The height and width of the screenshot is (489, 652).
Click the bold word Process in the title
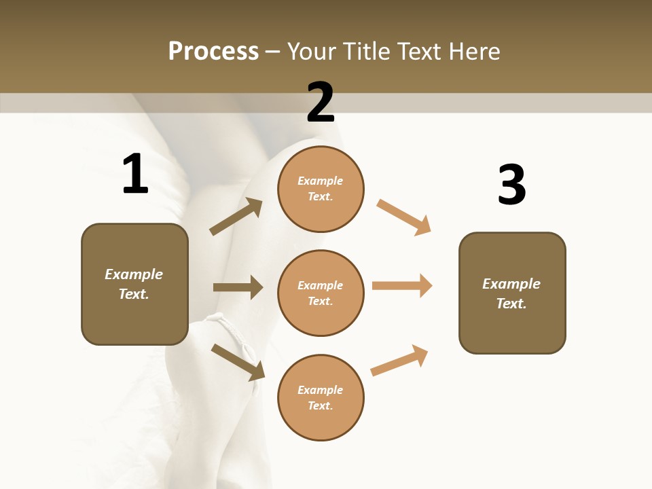pyautogui.click(x=213, y=52)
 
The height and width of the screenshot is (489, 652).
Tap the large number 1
pyautogui.click(x=134, y=175)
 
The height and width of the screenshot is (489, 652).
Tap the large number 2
pyautogui.click(x=321, y=103)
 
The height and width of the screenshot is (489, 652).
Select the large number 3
pyautogui.click(x=511, y=185)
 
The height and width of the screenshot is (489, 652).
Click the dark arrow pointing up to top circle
pyautogui.click(x=236, y=217)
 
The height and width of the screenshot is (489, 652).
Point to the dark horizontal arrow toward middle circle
pyautogui.click(x=238, y=287)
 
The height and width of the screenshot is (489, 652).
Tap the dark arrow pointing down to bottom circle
pyautogui.click(x=238, y=362)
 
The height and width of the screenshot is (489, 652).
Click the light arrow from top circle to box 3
pyautogui.click(x=403, y=217)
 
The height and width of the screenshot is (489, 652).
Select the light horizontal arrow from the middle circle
pyautogui.click(x=402, y=285)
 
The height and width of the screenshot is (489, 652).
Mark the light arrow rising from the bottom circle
pyautogui.click(x=399, y=361)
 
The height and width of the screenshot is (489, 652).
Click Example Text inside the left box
pyautogui.click(x=134, y=284)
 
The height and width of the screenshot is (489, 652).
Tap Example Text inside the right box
pyautogui.click(x=511, y=293)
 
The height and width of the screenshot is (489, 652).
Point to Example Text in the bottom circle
pyautogui.click(x=321, y=397)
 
